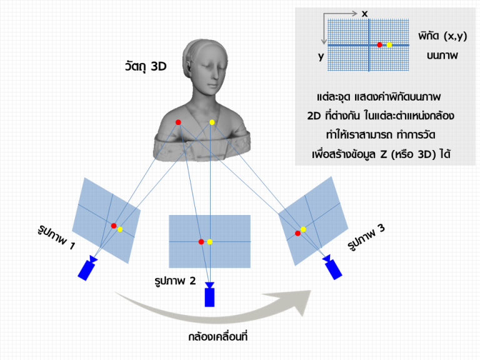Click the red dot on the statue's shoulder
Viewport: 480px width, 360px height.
178,122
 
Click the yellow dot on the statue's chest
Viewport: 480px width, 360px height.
212,122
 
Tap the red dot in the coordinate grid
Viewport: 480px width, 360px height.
379,45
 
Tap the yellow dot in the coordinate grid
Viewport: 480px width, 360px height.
389,45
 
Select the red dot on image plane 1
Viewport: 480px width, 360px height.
114,226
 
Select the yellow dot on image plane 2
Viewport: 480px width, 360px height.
210,242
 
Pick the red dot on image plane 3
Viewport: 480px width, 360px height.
297,233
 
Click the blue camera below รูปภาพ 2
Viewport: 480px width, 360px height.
210,294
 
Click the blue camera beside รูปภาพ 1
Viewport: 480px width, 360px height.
87,268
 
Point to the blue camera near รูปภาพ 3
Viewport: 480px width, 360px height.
332,267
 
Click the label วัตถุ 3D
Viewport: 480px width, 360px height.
146,66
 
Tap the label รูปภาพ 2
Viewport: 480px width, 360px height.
175,281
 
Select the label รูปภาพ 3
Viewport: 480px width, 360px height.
366,237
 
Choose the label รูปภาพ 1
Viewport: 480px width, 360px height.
56,237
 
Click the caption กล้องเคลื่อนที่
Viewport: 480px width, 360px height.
217,337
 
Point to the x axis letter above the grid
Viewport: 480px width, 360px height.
364,14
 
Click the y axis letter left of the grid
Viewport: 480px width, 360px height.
321,57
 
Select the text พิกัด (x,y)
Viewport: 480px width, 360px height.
442,36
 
